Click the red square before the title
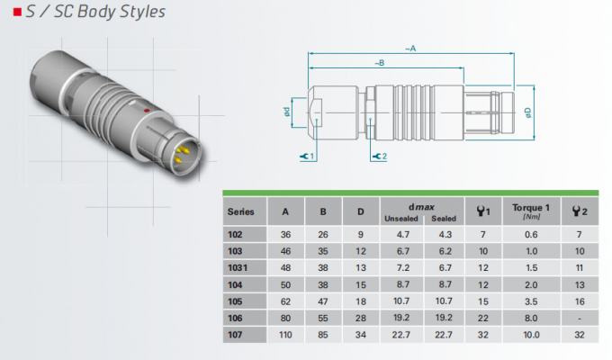point(17,12)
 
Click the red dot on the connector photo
point(147,111)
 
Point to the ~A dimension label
point(410,49)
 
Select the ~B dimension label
point(380,62)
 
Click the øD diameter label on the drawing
point(528,112)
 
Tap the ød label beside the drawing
point(287,112)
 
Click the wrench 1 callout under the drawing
point(307,157)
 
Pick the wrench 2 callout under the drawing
point(380,157)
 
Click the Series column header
point(240,211)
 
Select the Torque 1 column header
point(531,208)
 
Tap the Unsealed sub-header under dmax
point(401,219)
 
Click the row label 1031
point(238,268)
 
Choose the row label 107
point(235,335)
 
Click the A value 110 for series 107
point(285,335)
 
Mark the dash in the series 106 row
point(580,319)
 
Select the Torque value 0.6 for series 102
point(531,234)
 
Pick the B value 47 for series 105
point(323,301)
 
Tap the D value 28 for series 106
point(361,319)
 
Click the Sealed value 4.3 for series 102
point(445,234)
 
